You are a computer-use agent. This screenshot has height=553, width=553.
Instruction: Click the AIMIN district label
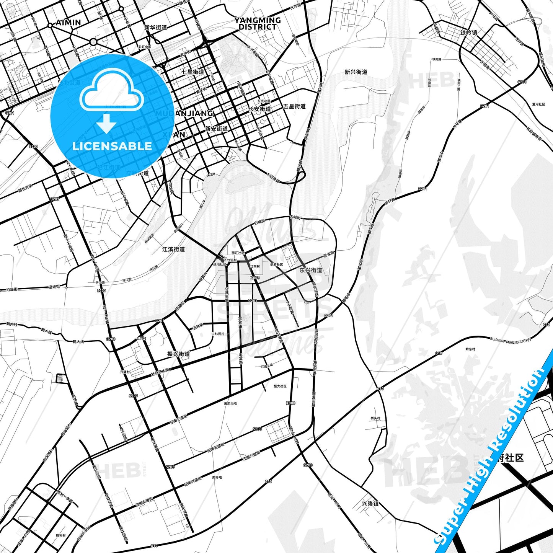pos(69,23)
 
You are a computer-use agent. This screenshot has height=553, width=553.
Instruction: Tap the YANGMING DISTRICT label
pos(258,23)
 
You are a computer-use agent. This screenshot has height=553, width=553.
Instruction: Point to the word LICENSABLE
pos(112,146)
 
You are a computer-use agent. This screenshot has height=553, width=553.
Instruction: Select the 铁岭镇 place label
pos(469,33)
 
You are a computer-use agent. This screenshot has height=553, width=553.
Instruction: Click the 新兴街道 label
pos(356,72)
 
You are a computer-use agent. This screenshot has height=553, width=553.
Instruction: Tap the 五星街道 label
pos(294,106)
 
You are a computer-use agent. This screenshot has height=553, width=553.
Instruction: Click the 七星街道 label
pos(193,72)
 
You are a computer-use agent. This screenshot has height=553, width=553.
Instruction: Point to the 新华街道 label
pos(156,28)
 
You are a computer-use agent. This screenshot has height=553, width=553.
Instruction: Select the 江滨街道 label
pos(173,249)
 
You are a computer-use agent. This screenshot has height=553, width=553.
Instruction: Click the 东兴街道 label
pos(311,270)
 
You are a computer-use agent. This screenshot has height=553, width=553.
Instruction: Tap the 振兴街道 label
pos(179,354)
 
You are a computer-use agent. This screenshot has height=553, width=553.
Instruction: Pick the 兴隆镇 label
pos(370,504)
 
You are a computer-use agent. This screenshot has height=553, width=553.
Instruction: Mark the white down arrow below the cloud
pos(106,123)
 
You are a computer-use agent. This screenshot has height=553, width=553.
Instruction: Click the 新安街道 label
pos(216,129)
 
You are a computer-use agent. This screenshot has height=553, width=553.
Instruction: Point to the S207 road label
pos(55,199)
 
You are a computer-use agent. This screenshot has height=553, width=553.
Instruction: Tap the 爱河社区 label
pos(538,104)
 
